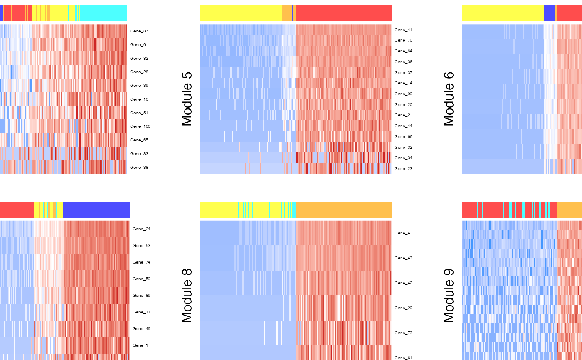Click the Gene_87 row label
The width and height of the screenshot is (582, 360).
(139, 31)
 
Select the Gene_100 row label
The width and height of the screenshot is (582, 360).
(140, 126)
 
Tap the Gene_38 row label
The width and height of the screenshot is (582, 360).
(139, 168)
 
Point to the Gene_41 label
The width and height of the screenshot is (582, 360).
(403, 30)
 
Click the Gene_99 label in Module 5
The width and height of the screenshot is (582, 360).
(403, 94)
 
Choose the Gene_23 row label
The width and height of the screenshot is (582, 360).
(403, 169)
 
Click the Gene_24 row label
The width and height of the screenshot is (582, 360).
(141, 229)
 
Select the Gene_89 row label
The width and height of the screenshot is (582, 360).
(141, 296)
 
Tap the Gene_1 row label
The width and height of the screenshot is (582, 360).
(140, 345)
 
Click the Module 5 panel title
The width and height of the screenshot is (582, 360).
(187, 99)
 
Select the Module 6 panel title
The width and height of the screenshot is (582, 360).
(449, 99)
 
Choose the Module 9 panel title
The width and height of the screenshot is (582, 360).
(449, 296)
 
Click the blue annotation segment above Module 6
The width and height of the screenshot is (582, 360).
(550, 13)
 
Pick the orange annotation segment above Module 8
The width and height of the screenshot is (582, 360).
(343, 210)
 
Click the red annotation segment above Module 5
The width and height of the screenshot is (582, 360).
(343, 13)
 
